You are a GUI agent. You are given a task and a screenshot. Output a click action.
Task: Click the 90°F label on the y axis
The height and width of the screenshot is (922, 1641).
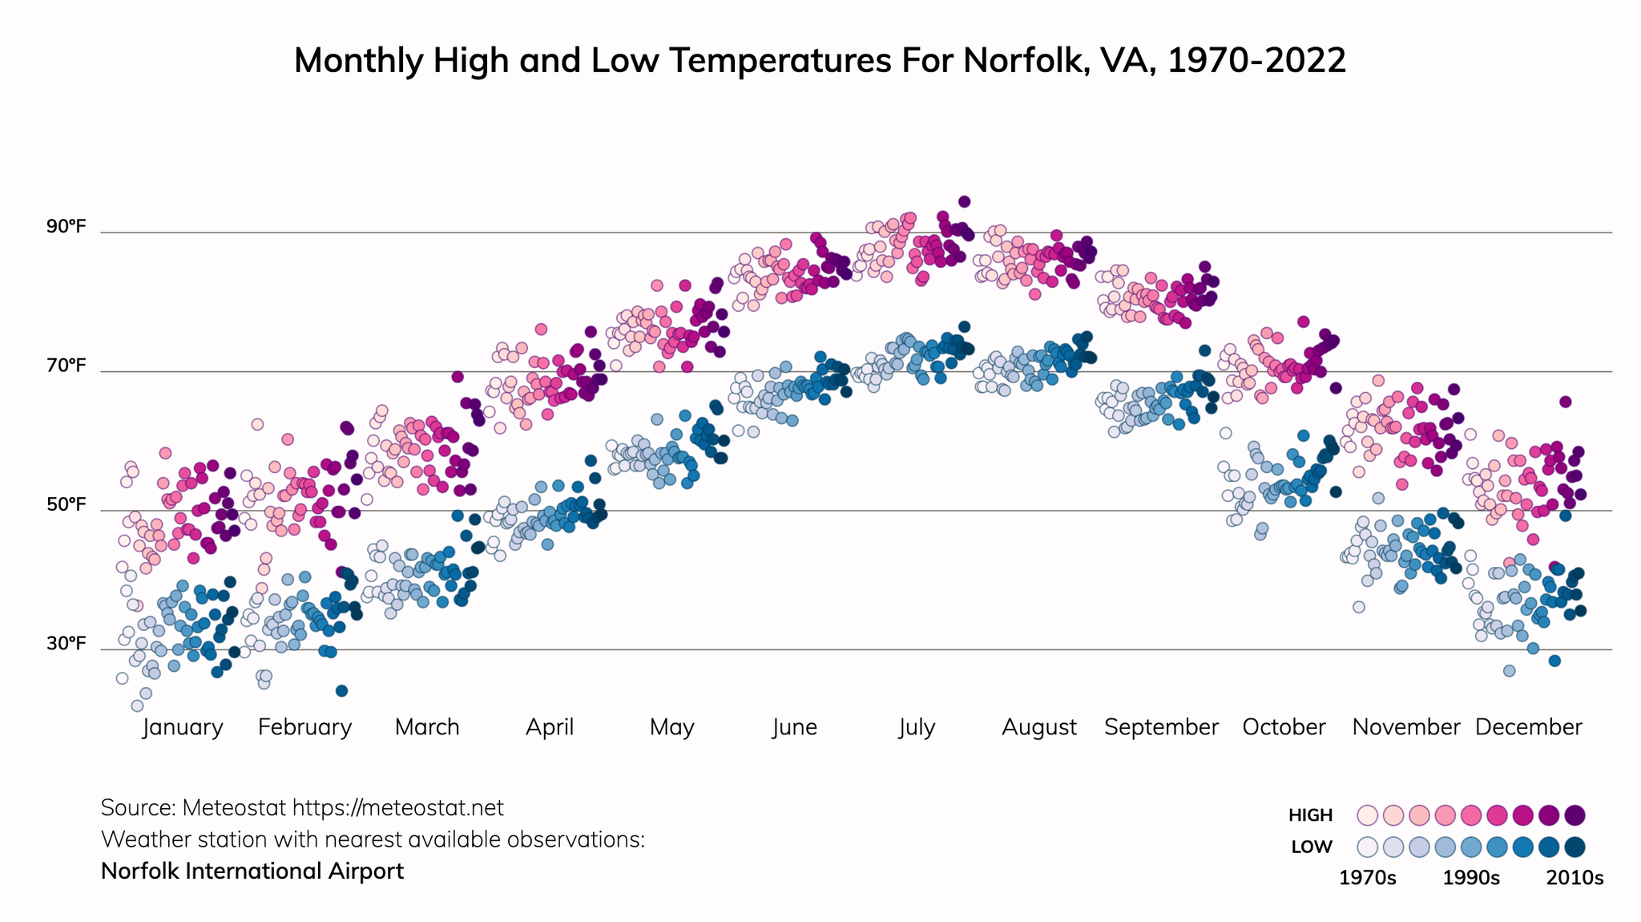pyautogui.click(x=66, y=227)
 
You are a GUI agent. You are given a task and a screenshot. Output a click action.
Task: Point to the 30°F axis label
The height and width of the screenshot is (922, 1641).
pyautogui.click(x=66, y=644)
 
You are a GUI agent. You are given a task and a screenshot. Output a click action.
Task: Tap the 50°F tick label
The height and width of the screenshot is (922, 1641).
pyautogui.click(x=66, y=505)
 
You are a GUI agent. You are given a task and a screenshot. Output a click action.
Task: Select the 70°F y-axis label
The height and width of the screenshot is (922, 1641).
pyautogui.click(x=66, y=366)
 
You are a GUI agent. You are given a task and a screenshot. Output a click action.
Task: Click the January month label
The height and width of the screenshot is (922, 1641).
pyautogui.click(x=183, y=727)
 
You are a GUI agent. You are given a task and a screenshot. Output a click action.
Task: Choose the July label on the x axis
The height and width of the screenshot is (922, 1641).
pyautogui.click(x=917, y=727)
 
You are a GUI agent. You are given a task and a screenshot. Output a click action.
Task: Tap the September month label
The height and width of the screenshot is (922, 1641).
pyautogui.click(x=1161, y=727)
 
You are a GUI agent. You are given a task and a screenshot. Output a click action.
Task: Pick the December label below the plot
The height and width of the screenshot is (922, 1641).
pyautogui.click(x=1528, y=727)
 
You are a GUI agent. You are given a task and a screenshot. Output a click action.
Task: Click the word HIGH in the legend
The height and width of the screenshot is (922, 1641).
pyautogui.click(x=1310, y=815)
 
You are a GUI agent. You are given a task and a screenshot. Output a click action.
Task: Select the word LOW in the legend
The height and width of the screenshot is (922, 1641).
pyautogui.click(x=1312, y=847)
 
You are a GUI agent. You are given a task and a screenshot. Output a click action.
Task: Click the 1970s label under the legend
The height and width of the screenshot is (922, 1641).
pyautogui.click(x=1368, y=878)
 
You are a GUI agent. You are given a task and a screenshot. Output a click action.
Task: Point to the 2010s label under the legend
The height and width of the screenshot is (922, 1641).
pyautogui.click(x=1574, y=878)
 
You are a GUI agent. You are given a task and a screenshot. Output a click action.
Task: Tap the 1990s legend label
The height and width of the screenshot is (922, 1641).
pyautogui.click(x=1471, y=878)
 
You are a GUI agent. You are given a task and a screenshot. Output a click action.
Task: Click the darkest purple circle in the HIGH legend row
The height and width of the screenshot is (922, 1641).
pyautogui.click(x=1574, y=815)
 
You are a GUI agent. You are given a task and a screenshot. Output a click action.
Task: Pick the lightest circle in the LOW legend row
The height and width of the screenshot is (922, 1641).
pyautogui.click(x=1368, y=847)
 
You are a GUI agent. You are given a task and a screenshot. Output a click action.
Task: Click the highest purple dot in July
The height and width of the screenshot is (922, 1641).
pyautogui.click(x=965, y=202)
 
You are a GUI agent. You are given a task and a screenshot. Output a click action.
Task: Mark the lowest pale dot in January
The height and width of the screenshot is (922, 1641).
pyautogui.click(x=137, y=706)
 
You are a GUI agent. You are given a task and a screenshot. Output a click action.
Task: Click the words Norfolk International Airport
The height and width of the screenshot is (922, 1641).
pyautogui.click(x=252, y=871)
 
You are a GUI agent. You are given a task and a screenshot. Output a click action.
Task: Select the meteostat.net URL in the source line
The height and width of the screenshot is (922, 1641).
pyautogui.click(x=397, y=807)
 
